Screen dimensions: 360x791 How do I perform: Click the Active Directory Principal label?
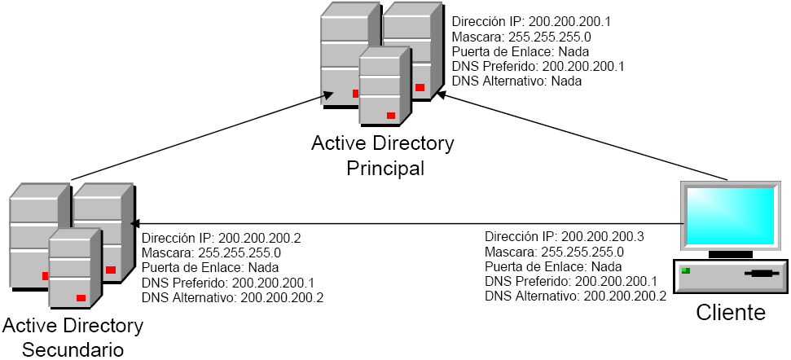(x=383, y=156)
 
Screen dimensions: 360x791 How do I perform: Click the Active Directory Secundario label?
(x=73, y=337)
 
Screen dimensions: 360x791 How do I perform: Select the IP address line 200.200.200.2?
(x=222, y=239)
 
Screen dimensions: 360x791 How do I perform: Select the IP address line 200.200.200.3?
(x=565, y=237)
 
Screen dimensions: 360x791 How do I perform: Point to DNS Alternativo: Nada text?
(x=516, y=81)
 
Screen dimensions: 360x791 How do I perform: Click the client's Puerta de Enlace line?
(x=553, y=266)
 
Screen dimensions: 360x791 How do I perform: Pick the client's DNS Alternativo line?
(x=575, y=296)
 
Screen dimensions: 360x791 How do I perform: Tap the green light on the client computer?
(x=687, y=270)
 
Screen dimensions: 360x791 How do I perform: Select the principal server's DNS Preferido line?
(x=538, y=67)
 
